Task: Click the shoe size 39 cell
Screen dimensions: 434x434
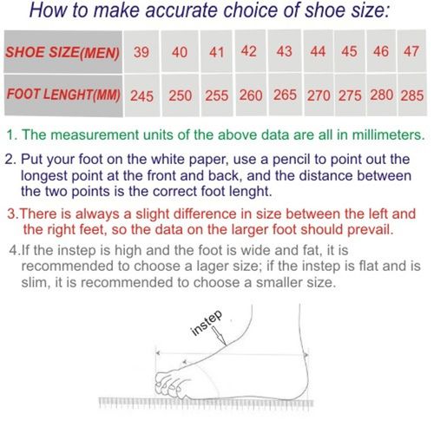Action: tap(141, 51)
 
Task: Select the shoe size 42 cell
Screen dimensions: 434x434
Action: tap(250, 51)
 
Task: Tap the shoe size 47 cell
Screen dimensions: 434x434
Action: tap(411, 51)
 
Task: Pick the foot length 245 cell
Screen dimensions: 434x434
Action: tap(141, 95)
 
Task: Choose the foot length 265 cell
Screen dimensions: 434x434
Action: tap(286, 95)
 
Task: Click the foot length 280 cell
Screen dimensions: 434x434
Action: tap(382, 95)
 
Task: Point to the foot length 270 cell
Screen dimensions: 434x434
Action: tap(319, 95)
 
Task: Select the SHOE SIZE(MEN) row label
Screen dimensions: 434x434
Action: tap(62, 52)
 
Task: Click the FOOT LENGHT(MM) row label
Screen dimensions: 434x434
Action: tap(63, 95)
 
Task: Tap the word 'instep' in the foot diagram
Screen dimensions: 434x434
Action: tap(207, 323)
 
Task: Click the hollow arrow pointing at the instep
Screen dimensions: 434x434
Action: tap(220, 336)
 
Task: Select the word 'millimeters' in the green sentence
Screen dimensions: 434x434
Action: tap(388, 135)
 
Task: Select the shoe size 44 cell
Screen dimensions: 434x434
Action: tap(319, 51)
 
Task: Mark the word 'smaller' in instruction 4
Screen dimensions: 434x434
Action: tap(279, 282)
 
